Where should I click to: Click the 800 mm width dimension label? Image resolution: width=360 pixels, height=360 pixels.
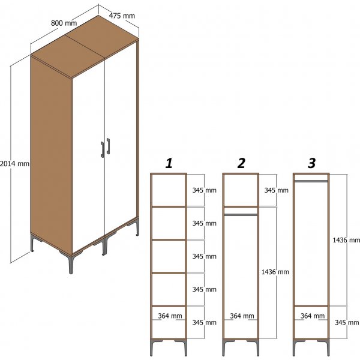[64, 23]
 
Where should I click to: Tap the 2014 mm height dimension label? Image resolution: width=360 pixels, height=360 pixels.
[14, 163]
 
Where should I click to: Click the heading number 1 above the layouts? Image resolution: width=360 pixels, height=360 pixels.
[169, 163]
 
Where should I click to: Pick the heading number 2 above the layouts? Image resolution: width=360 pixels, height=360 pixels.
[241, 163]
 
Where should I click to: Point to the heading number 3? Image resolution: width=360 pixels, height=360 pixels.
[311, 163]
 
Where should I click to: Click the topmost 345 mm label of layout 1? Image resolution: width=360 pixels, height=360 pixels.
[204, 190]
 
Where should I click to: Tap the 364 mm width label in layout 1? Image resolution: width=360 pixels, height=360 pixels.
[170, 316]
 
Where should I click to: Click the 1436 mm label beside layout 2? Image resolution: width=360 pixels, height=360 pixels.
[276, 272]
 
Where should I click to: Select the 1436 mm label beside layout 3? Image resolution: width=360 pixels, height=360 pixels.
[346, 239]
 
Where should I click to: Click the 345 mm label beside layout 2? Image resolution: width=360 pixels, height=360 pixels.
[276, 190]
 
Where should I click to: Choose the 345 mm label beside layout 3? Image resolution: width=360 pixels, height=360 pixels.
[346, 322]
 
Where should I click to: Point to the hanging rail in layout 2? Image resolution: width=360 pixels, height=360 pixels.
[241, 214]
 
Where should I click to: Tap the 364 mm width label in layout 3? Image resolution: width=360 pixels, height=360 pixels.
[312, 316]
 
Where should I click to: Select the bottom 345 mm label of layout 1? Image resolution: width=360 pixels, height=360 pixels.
[204, 322]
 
